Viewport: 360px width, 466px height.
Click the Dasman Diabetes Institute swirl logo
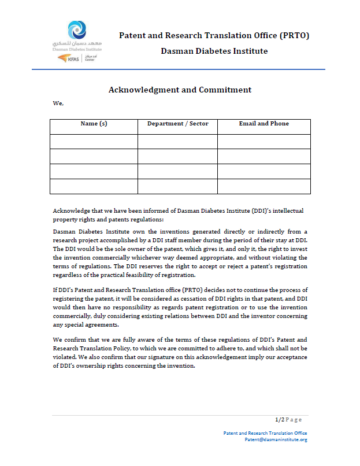(x=77, y=29)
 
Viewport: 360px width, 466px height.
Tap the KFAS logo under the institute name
(x=72, y=58)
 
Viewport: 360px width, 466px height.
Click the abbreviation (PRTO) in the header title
(x=294, y=35)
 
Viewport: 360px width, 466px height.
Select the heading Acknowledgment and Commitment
(x=180, y=90)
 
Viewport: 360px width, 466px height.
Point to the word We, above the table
(x=58, y=103)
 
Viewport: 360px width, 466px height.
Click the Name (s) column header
(x=94, y=124)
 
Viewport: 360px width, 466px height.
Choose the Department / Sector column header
(x=177, y=124)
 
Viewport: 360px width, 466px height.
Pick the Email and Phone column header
(x=263, y=124)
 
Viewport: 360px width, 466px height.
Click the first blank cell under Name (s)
(x=94, y=142)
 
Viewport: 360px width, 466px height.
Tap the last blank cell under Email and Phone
(x=263, y=186)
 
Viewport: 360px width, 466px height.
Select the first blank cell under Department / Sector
(x=177, y=142)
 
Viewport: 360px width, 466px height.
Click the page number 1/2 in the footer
(x=279, y=420)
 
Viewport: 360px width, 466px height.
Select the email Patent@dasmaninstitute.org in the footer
(x=276, y=439)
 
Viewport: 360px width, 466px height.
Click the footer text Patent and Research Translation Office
(x=265, y=433)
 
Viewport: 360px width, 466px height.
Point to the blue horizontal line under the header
(x=179, y=70)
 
